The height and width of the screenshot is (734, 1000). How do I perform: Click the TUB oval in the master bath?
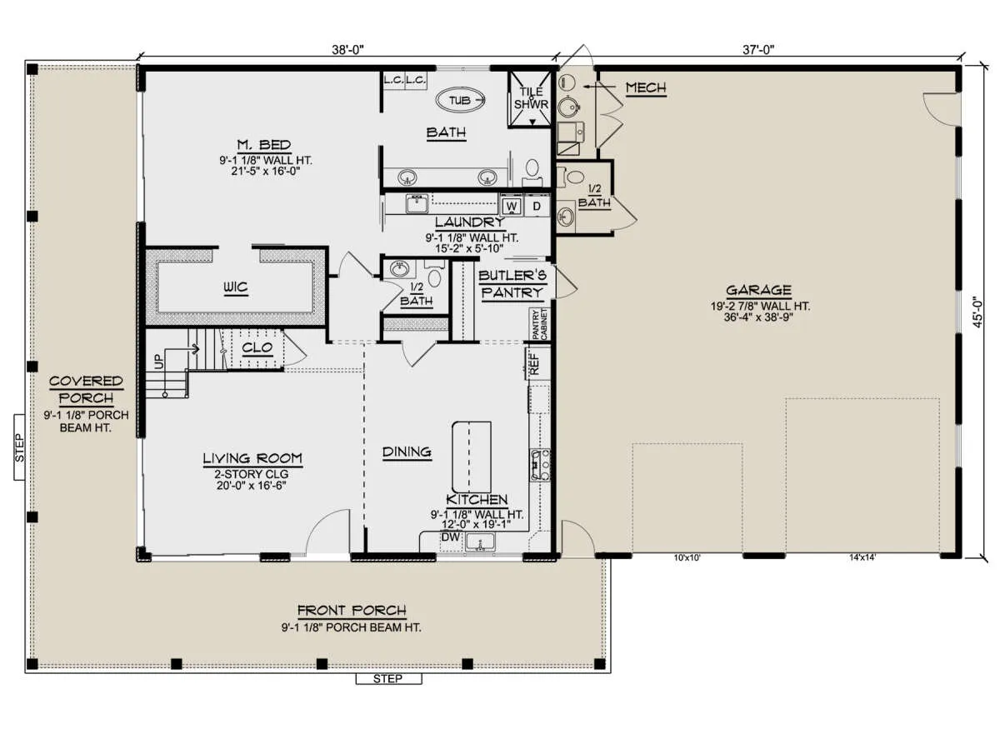459,101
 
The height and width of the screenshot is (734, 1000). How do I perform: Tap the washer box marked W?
512,206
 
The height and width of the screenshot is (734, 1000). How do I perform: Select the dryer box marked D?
537,206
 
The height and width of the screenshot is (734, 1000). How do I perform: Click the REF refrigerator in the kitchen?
534,363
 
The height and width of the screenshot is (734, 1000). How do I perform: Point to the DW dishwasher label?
450,537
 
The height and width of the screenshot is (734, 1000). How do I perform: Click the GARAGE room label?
758,290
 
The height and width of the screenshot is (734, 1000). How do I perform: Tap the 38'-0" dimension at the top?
347,49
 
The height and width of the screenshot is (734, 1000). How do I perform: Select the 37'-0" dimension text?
758,49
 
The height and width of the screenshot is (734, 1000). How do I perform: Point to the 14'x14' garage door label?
862,557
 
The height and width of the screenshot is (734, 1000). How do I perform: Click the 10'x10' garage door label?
687,557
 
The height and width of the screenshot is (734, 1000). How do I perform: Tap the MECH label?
646,87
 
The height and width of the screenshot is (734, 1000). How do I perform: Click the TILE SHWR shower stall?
531,99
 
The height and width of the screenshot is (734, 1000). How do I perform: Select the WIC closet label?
236,287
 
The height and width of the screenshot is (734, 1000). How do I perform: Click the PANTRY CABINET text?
540,324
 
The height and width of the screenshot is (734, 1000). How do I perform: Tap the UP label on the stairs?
159,361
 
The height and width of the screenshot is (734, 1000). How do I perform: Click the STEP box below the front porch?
388,679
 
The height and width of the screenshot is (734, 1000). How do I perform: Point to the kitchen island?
472,457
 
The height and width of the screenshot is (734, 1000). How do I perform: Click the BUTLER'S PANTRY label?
512,284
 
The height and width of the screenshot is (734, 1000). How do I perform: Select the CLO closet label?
257,347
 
